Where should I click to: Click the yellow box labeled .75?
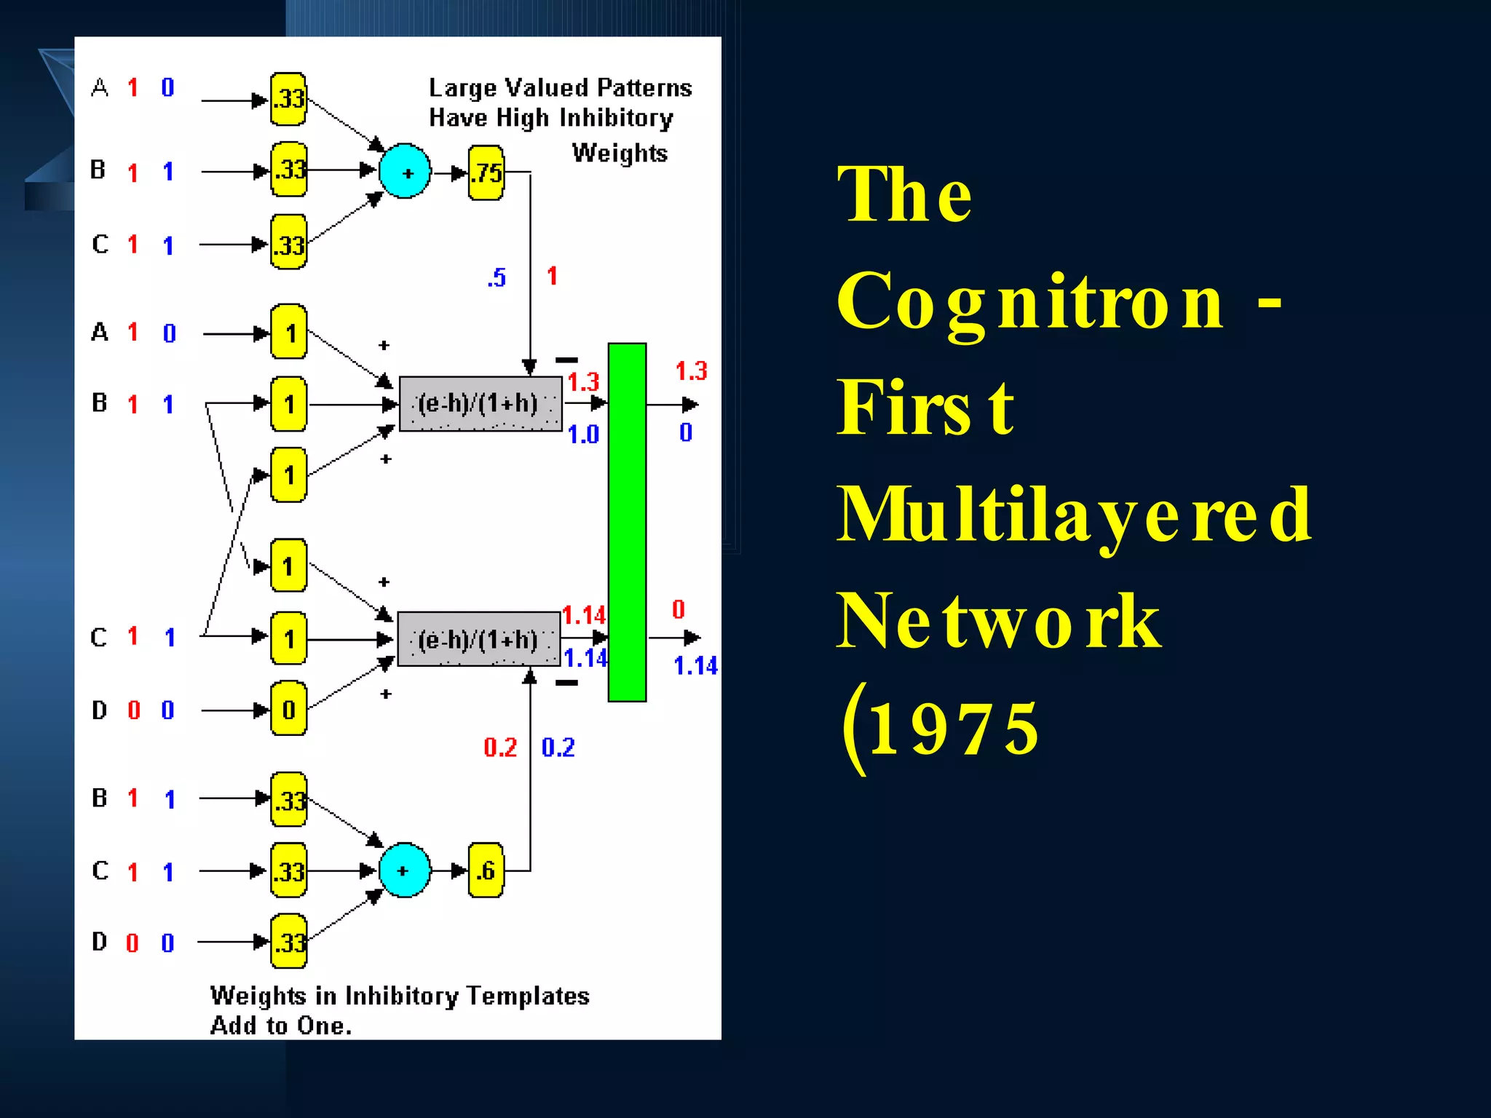pyautogui.click(x=486, y=173)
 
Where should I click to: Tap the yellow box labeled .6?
pyautogui.click(x=486, y=871)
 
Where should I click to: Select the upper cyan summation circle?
pyautogui.click(x=405, y=172)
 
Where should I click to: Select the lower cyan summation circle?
pyautogui.click(x=404, y=871)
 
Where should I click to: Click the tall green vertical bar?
pyautogui.click(x=627, y=522)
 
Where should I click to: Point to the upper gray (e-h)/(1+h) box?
pyautogui.click(x=480, y=404)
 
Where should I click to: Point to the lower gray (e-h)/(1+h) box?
pyautogui.click(x=479, y=639)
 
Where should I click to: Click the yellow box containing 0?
pyautogui.click(x=288, y=709)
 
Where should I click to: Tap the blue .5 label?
pyautogui.click(x=497, y=277)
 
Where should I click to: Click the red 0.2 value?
pyautogui.click(x=500, y=748)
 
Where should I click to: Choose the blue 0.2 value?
pyautogui.click(x=558, y=748)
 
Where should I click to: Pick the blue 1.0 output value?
pyautogui.click(x=582, y=435)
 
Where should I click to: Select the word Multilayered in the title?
pyautogui.click(x=1074, y=515)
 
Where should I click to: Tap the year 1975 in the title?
pyautogui.click(x=954, y=729)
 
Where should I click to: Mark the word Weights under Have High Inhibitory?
pyautogui.click(x=620, y=153)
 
